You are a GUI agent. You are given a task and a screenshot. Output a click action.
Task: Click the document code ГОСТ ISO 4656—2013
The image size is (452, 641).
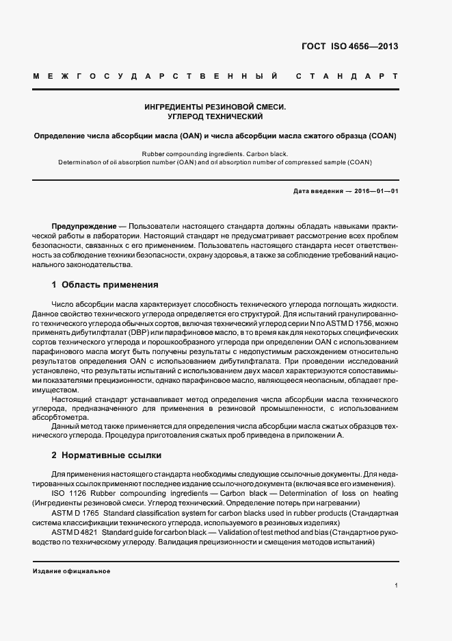pyautogui.click(x=349, y=47)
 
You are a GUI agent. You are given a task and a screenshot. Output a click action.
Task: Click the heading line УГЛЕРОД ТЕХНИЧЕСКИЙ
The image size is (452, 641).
pyautogui.click(x=215, y=117)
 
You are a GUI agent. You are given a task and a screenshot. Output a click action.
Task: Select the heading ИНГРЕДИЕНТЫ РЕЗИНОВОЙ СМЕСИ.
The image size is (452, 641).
pyautogui.click(x=215, y=108)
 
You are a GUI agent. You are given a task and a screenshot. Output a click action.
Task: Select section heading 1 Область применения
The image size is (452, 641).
pyautogui.click(x=105, y=284)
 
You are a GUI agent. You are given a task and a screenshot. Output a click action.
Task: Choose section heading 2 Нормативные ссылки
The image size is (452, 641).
pyautogui.click(x=106, y=455)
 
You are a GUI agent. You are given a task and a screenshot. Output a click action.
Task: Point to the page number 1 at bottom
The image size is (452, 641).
pyautogui.click(x=396, y=585)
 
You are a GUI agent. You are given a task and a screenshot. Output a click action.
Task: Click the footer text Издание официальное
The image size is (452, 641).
pyautogui.click(x=71, y=571)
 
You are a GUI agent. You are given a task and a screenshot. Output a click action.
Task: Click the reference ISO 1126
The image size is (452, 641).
pyautogui.click(x=68, y=494)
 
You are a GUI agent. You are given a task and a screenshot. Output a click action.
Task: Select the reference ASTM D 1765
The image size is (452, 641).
pyautogui.click(x=76, y=514)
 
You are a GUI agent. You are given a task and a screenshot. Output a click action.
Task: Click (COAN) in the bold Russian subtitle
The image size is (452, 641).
pyautogui.click(x=382, y=136)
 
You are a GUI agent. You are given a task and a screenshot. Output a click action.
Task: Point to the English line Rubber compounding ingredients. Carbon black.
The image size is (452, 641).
pyautogui.click(x=215, y=154)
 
